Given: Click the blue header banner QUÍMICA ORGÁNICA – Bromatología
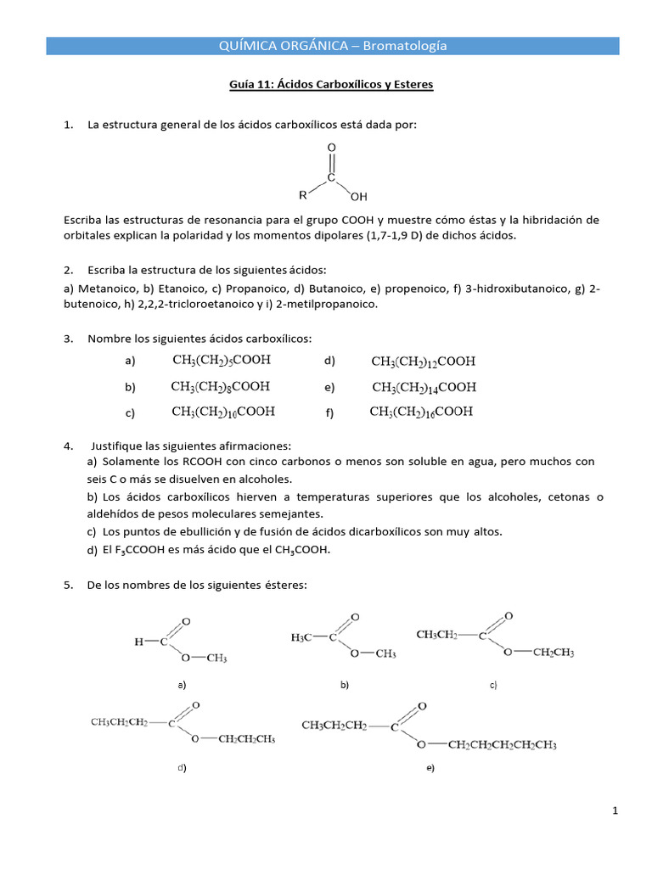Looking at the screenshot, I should pyautogui.click(x=332, y=46).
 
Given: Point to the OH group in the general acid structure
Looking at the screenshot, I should pyautogui.click(x=358, y=197).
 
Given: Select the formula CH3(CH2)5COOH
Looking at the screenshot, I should pyautogui.click(x=222, y=360).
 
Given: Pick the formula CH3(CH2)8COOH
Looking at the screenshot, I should pyautogui.click(x=221, y=386).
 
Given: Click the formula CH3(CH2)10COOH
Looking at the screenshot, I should pyautogui.click(x=223, y=412).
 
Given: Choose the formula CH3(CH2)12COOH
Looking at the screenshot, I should pyautogui.click(x=424, y=361).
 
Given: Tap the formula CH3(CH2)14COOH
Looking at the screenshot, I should pyautogui.click(x=424, y=387).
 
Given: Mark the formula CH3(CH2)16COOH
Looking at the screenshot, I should pyautogui.click(x=422, y=412).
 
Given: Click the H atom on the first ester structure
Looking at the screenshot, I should pyautogui.click(x=139, y=642).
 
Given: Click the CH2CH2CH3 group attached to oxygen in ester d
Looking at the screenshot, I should pyautogui.click(x=246, y=739).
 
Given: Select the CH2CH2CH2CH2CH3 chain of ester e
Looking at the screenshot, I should pyautogui.click(x=502, y=745).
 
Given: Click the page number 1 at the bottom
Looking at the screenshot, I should pyautogui.click(x=615, y=812).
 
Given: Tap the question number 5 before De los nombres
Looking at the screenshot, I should pyautogui.click(x=67, y=585).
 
